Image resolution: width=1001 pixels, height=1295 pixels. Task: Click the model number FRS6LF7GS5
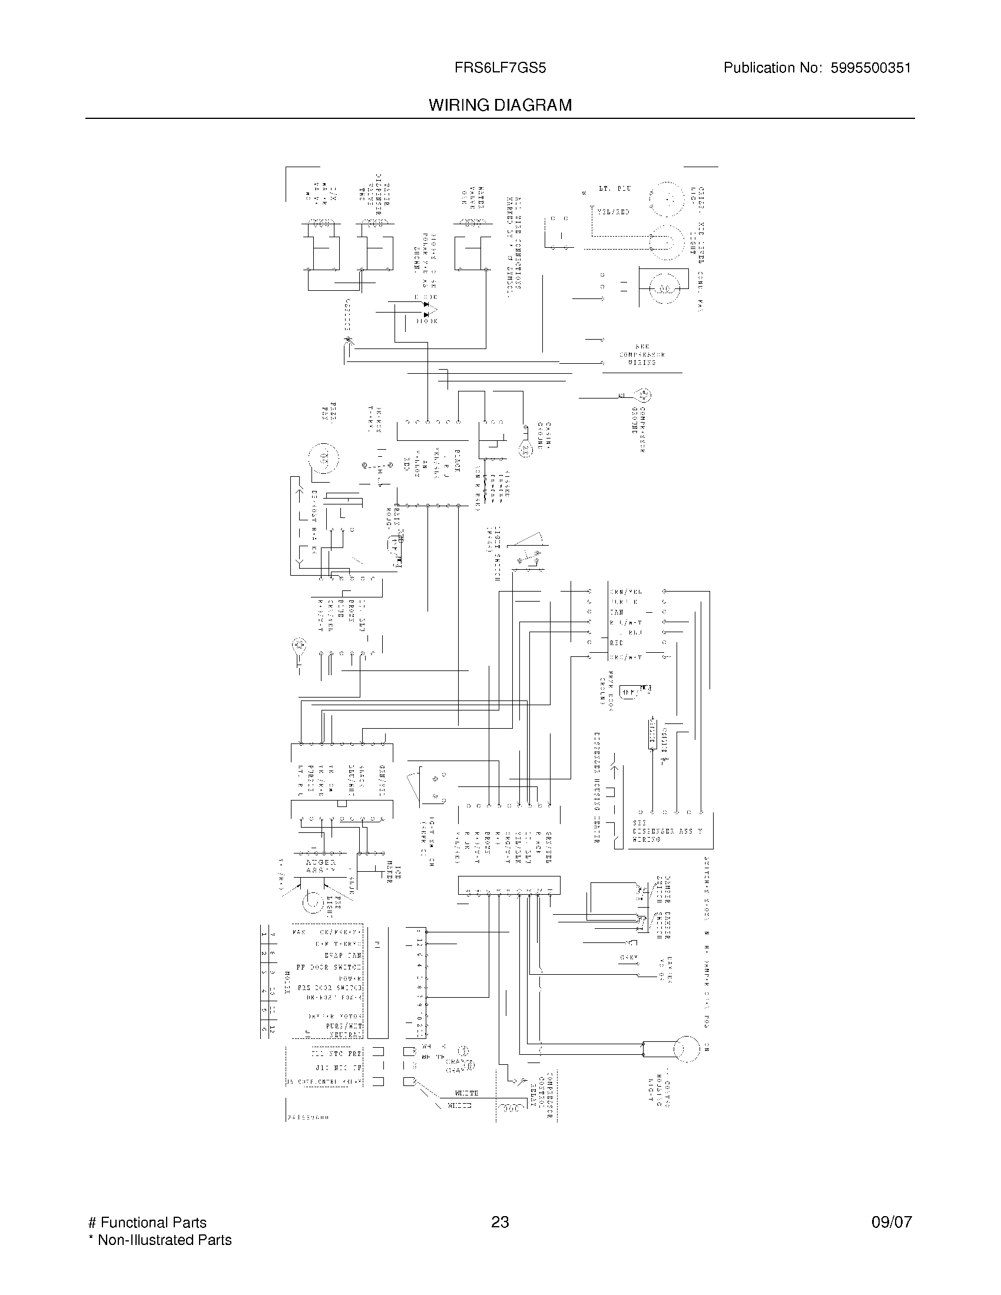click(500, 68)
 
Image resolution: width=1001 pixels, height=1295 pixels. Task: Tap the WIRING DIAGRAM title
click(500, 105)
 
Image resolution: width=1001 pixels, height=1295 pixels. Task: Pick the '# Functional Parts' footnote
click(147, 1223)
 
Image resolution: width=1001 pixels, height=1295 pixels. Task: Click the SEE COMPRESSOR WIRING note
click(642, 354)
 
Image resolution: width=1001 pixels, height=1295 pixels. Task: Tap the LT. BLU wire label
click(614, 188)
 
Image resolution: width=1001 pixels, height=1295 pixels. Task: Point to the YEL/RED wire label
click(613, 212)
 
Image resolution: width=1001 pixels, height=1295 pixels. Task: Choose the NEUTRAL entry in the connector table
click(345, 1035)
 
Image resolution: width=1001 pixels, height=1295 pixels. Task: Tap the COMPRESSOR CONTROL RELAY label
click(543, 1095)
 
